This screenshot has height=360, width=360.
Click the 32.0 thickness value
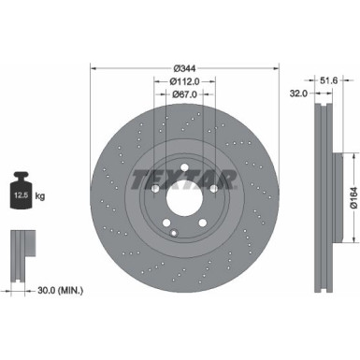[300, 94]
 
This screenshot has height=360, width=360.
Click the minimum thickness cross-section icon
[22, 248]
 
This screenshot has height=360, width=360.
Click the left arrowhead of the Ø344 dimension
[93, 67]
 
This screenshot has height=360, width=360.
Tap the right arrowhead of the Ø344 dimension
[272, 67]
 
